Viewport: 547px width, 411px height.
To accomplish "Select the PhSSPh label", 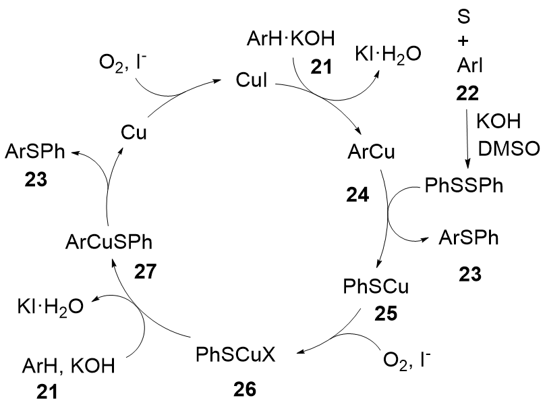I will (x=463, y=186).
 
